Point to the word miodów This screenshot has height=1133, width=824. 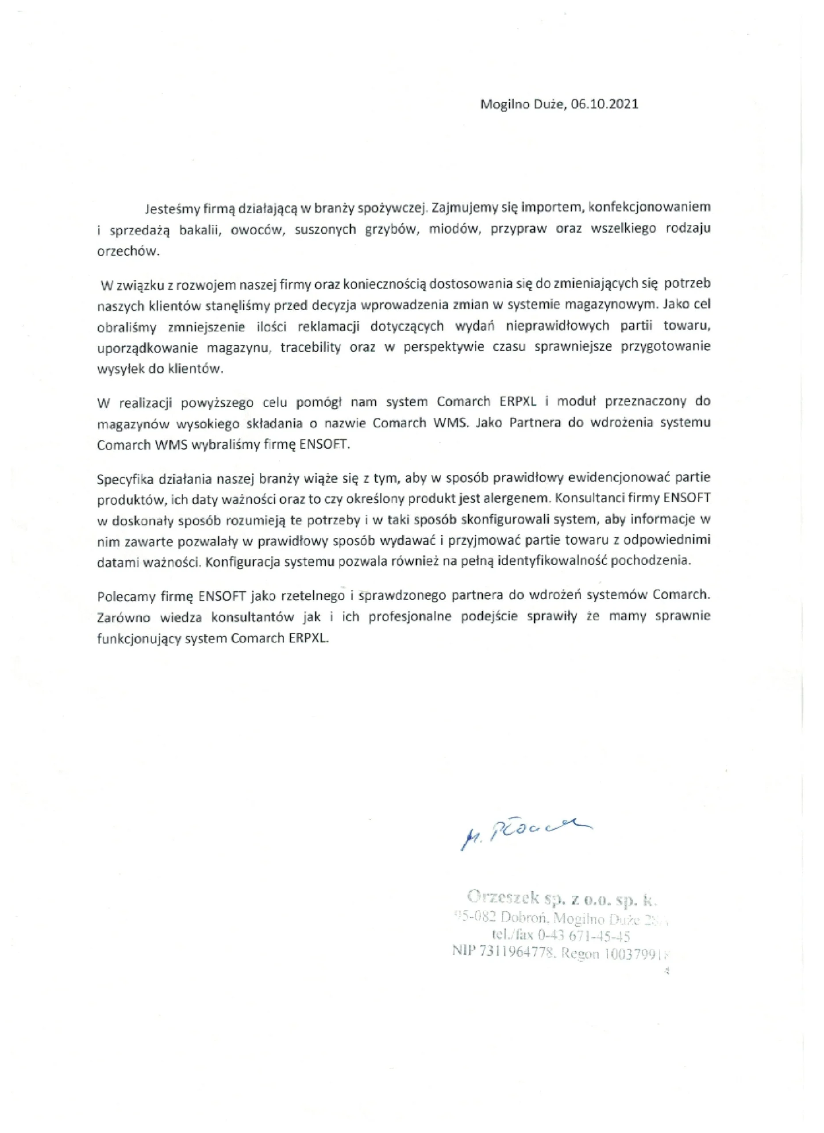click(451, 229)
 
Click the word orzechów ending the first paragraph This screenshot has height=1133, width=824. click(128, 251)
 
